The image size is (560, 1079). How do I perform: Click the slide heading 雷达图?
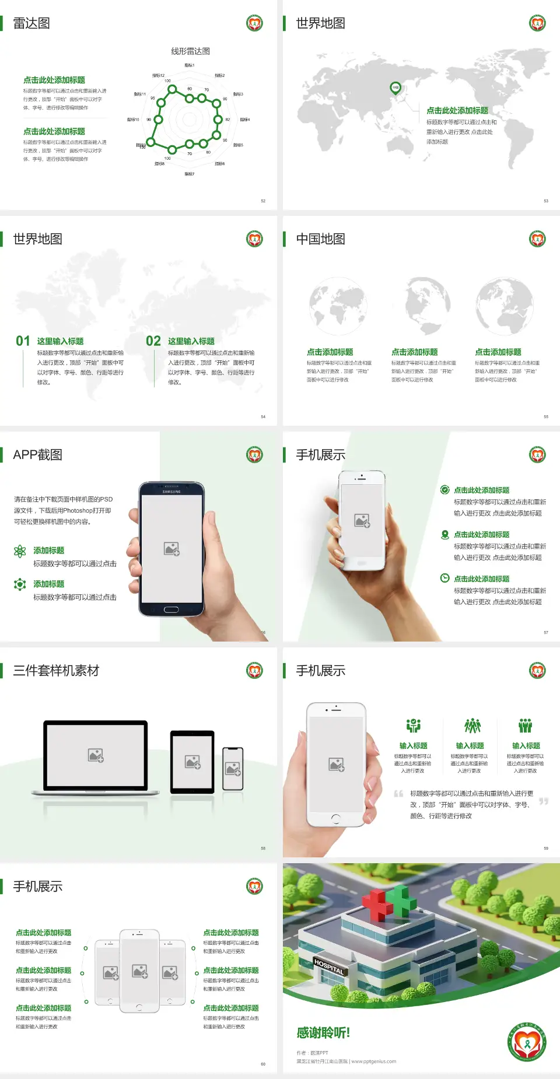pyautogui.click(x=32, y=23)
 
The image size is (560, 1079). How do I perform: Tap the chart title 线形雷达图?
pyautogui.click(x=190, y=51)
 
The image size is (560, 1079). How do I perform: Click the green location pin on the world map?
pyautogui.click(x=395, y=88)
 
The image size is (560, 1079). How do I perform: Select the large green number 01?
pyautogui.click(x=23, y=341)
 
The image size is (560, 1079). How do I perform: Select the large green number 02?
pyautogui.click(x=153, y=341)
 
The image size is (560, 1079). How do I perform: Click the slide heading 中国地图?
pyautogui.click(x=320, y=239)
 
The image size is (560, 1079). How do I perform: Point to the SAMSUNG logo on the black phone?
pyautogui.click(x=171, y=492)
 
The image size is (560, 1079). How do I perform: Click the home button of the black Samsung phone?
pyautogui.click(x=171, y=609)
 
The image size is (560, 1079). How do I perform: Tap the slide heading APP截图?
pyautogui.click(x=37, y=455)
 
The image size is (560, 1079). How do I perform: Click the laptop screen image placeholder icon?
pyautogui.click(x=96, y=755)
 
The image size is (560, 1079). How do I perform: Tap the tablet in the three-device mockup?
pyautogui.click(x=192, y=761)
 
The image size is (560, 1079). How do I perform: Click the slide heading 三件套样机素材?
pyautogui.click(x=56, y=671)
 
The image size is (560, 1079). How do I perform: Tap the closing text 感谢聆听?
pyautogui.click(x=323, y=1033)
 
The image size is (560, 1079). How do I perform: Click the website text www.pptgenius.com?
pyautogui.click(x=374, y=1062)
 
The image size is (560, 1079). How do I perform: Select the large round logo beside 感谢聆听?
pyautogui.click(x=527, y=1042)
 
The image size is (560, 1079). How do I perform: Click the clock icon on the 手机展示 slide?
pyautogui.click(x=444, y=578)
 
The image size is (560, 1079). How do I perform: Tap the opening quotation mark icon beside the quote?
pyautogui.click(x=398, y=794)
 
